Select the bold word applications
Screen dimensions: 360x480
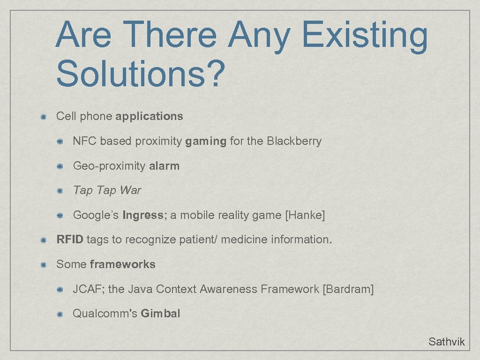[149, 116]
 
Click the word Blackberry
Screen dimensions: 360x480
[294, 141]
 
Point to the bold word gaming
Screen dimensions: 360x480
[206, 142]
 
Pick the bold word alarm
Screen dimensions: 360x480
[164, 166]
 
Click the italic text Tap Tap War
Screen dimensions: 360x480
[107, 190]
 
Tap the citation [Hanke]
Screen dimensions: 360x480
[305, 215]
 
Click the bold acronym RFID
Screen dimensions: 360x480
[70, 240]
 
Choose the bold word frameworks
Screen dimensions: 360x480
[122, 264]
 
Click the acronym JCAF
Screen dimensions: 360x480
[88, 289]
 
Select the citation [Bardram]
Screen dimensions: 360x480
[348, 289]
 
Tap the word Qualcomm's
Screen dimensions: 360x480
[105, 314]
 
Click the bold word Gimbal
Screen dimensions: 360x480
[160, 314]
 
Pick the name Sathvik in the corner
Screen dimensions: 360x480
[446, 342]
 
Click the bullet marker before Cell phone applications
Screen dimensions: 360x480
[43, 117]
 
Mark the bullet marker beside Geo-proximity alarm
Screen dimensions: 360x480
[60, 166]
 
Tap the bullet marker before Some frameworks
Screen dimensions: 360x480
[43, 265]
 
